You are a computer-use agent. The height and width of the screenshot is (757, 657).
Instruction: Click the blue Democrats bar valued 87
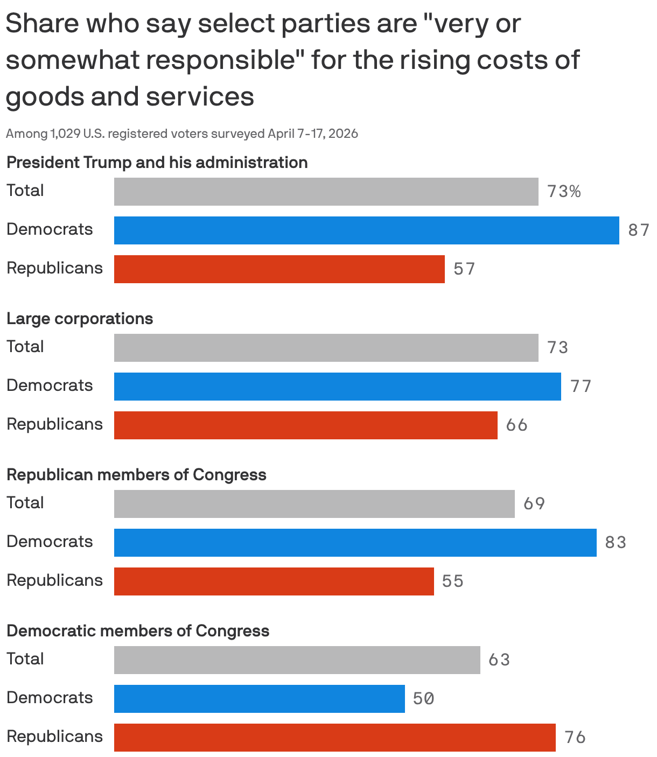pyautogui.click(x=366, y=230)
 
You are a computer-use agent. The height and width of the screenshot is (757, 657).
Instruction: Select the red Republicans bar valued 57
pyautogui.click(x=279, y=269)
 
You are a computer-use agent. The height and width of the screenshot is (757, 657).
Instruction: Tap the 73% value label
pyautogui.click(x=564, y=192)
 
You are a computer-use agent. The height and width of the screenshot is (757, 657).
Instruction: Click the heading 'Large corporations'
pyautogui.click(x=80, y=319)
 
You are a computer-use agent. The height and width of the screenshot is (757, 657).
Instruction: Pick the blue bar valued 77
pyautogui.click(x=337, y=387)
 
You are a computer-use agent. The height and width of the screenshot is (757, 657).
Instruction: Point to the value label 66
pyautogui.click(x=516, y=425)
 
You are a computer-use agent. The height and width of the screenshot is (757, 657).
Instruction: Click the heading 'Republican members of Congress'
pyautogui.click(x=136, y=475)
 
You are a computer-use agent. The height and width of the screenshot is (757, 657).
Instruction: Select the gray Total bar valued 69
pyautogui.click(x=314, y=504)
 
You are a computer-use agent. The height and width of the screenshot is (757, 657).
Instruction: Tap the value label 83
pyautogui.click(x=616, y=542)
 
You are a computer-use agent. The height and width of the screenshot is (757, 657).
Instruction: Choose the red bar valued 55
pyautogui.click(x=274, y=581)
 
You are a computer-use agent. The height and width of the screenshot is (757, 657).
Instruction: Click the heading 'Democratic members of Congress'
pyautogui.click(x=138, y=631)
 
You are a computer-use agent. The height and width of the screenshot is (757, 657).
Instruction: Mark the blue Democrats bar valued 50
pyautogui.click(x=259, y=699)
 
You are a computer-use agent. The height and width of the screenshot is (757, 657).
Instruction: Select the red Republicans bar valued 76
pyautogui.click(x=334, y=738)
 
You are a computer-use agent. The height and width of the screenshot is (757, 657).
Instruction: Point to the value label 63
pyautogui.click(x=499, y=660)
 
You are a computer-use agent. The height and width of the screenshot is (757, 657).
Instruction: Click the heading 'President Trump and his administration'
pyautogui.click(x=157, y=163)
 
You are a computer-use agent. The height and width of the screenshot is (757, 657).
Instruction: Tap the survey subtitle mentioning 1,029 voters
pyautogui.click(x=182, y=134)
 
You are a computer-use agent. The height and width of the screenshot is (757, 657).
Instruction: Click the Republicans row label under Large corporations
pyautogui.click(x=54, y=424)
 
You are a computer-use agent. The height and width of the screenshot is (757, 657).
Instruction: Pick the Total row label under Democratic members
pyautogui.click(x=25, y=659)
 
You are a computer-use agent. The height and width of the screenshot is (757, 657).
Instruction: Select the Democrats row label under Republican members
pyautogui.click(x=50, y=542)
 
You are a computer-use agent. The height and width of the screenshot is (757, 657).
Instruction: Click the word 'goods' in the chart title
pyautogui.click(x=43, y=97)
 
